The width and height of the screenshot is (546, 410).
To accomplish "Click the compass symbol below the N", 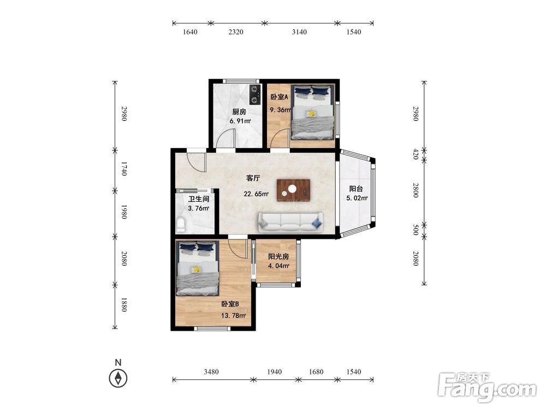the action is coord(118,378).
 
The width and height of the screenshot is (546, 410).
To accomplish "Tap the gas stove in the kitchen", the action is coord(256,95).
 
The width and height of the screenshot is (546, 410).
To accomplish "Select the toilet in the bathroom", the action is coord(181,225).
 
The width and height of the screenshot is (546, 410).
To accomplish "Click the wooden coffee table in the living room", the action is coord(293,190).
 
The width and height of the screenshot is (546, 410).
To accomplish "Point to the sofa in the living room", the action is coord(290,222).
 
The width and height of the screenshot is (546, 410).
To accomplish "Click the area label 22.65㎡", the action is coord(256,194).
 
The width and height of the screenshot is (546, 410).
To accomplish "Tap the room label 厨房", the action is coord(239,112).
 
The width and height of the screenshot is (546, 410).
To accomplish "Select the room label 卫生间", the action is coord(199,199).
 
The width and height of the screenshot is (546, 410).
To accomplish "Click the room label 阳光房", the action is coord(278,256).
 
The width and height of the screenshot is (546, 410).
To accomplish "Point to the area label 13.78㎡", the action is coord(233,316).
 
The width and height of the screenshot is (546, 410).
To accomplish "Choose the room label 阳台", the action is coord(356,189).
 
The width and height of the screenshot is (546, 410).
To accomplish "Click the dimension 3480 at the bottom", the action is coord(211,372).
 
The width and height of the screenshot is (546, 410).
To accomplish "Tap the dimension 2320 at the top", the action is coord(236,32).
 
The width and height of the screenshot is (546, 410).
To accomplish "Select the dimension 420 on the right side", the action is coord(416,154).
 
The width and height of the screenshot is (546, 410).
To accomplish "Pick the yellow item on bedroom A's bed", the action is coord(311,114).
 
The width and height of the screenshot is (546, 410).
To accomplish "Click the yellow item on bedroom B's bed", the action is coord(197,270).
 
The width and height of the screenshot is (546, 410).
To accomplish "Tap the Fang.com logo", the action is coord(487,388).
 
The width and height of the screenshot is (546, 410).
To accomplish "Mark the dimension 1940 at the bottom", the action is coord(275,372).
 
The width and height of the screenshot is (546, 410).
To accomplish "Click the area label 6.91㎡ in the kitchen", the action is coord(240,121).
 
